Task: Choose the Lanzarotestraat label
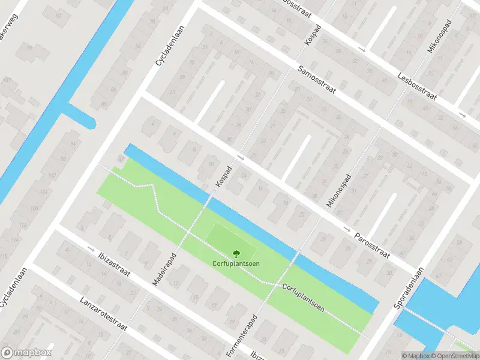point(103,314)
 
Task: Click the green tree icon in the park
point(235,254)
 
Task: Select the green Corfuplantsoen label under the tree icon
point(235,265)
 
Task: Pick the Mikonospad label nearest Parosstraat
point(335,193)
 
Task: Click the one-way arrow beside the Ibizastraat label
point(91,248)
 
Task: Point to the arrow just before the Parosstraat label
point(347,229)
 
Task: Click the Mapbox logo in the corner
point(26,353)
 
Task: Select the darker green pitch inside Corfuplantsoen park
point(230,240)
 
